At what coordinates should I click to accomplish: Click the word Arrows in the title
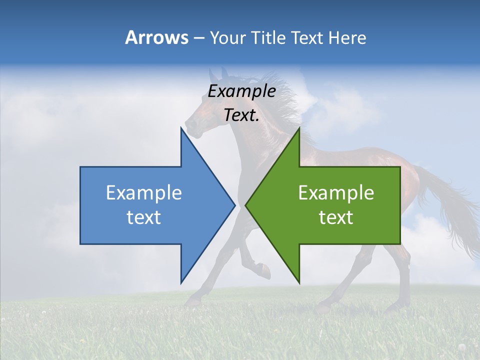(x=156, y=37)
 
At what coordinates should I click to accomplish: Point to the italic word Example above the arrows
(x=241, y=91)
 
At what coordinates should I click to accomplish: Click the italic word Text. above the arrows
(x=241, y=115)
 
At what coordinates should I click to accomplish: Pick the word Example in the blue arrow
(x=144, y=193)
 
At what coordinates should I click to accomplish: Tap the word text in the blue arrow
(x=144, y=217)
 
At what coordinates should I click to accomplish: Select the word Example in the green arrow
(x=336, y=193)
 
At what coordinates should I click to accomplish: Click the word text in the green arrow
(x=336, y=217)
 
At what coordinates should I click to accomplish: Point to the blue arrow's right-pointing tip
(x=234, y=204)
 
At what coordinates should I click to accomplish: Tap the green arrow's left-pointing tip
(x=246, y=204)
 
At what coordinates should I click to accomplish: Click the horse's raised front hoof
(x=265, y=272)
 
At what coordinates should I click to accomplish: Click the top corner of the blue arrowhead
(x=181, y=127)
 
